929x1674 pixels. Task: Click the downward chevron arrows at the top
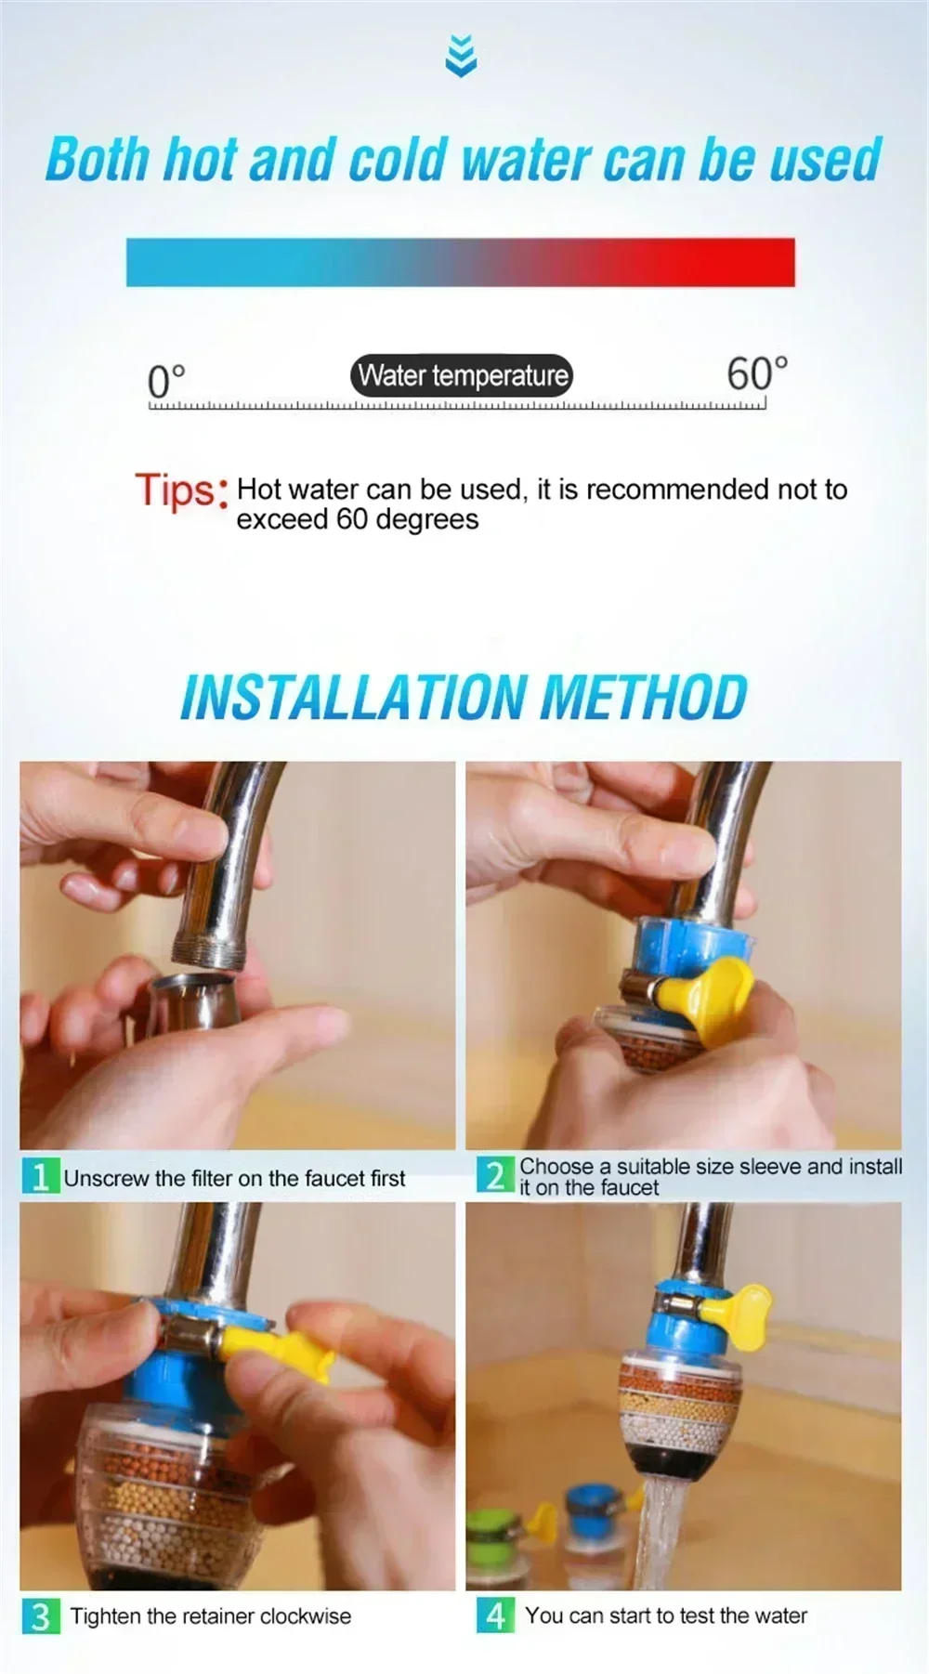click(461, 55)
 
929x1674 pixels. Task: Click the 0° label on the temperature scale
click(166, 380)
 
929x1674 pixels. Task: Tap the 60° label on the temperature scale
click(756, 373)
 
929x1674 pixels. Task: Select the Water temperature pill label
click(462, 375)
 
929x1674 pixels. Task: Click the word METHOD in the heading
click(643, 697)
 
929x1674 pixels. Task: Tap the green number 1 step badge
click(40, 1177)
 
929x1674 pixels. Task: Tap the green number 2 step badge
click(495, 1175)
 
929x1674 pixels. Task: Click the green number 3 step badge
click(40, 1616)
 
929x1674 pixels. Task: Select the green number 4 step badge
click(495, 1615)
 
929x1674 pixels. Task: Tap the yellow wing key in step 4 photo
click(743, 1309)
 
